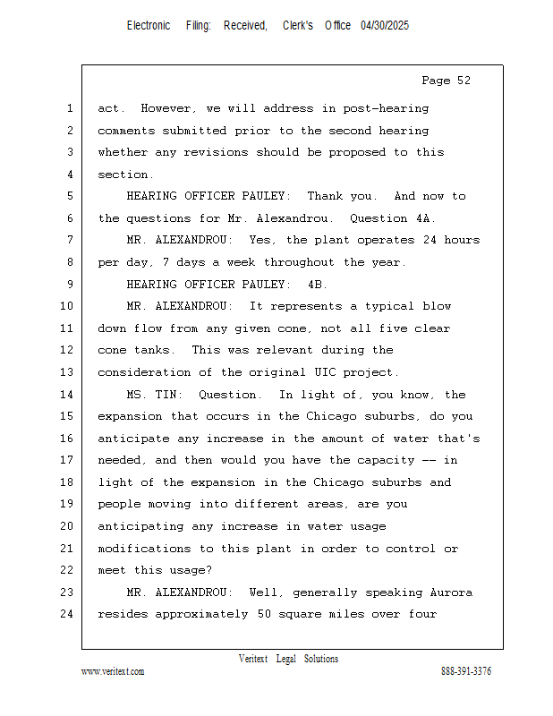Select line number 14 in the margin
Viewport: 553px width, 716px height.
tap(69, 395)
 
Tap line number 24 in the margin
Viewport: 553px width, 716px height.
tap(69, 614)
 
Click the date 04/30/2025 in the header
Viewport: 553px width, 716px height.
tap(385, 26)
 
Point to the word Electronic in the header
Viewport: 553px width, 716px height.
tap(149, 26)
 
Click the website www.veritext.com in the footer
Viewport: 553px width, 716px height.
tap(113, 671)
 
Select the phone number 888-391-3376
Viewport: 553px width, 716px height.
tap(466, 671)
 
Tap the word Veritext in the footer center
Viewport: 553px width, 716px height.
tap(253, 659)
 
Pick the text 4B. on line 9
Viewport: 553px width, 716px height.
tap(318, 285)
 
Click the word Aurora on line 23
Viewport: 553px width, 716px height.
tap(451, 592)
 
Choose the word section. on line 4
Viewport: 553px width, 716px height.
tap(126, 175)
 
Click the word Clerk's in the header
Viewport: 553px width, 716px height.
tap(298, 26)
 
